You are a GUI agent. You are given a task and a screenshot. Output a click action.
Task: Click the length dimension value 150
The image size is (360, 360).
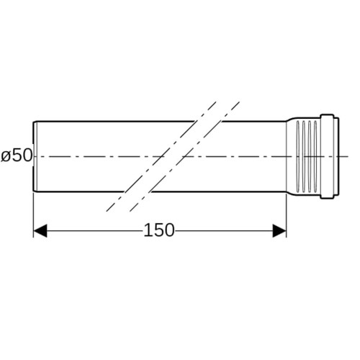point(159,230)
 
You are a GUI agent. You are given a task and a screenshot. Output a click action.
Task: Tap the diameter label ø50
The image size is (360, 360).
point(17,156)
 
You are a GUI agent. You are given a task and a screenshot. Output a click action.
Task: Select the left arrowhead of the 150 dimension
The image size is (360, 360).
point(40,231)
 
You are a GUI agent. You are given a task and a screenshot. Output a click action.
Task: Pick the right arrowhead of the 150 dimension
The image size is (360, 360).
point(279,231)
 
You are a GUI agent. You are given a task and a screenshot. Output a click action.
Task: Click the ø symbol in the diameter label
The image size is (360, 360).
point(5,157)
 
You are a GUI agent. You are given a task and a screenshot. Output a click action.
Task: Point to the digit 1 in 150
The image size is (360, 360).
point(148,230)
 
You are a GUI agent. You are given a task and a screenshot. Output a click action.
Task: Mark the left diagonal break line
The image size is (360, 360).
point(161,156)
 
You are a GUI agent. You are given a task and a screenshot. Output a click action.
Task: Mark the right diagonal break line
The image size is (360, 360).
point(184,156)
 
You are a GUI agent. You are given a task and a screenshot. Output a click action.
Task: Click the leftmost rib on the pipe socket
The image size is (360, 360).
point(298,156)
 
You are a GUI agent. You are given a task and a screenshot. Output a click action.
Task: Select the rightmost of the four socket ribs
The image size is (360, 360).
point(315,156)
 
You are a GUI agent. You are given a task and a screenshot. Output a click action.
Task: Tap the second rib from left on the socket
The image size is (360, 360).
point(304,156)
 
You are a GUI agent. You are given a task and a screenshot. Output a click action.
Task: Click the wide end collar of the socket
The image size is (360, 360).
point(330,156)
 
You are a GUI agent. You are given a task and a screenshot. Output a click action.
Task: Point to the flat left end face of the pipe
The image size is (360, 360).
point(33,156)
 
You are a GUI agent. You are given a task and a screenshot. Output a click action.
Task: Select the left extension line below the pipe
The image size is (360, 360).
point(33,215)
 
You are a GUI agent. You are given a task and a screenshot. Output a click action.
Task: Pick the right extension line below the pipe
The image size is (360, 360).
point(286,215)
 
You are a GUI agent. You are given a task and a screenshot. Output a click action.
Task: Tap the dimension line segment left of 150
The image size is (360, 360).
point(95,231)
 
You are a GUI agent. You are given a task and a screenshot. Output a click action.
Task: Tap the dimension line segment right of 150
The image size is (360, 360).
point(224,231)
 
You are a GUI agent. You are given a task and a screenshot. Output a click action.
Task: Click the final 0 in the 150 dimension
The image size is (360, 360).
point(169,230)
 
